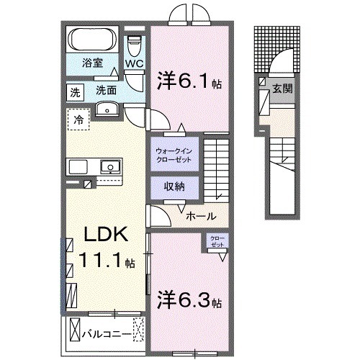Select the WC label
point(135,63)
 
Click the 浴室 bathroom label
point(91,63)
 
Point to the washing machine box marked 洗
point(75,91)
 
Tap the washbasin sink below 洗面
point(107,109)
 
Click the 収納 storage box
point(168,186)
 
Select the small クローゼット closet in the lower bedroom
point(217,241)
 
